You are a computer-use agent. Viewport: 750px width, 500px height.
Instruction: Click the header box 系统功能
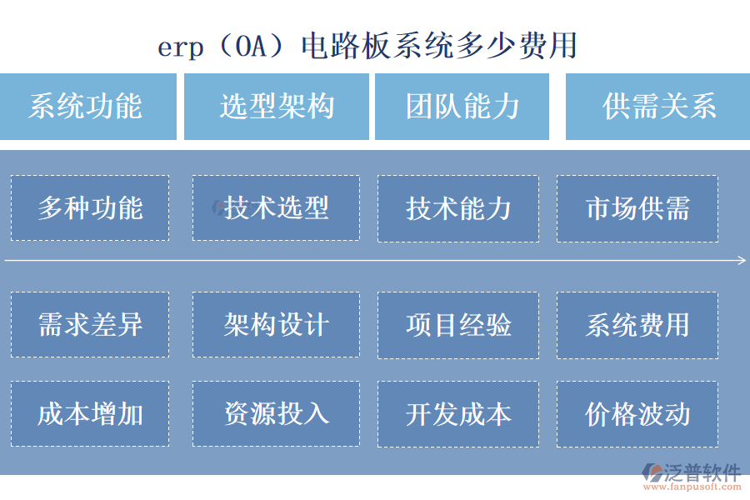87,107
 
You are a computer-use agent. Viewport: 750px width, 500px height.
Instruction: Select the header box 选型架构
276,107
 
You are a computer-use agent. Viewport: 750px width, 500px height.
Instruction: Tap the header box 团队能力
462,107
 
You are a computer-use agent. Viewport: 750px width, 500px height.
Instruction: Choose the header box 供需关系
657,107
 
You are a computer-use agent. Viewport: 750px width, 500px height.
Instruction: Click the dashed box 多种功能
90,208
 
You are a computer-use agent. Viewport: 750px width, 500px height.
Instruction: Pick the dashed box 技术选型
276,208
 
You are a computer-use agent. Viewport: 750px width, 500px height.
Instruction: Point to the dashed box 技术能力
459,208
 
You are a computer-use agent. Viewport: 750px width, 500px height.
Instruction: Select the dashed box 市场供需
637,208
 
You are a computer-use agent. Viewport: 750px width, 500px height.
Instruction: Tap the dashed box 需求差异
90,324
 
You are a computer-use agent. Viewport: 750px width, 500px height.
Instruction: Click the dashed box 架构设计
276,324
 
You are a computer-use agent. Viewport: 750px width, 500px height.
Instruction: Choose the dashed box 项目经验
459,324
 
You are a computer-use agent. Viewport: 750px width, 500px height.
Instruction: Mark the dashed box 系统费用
637,324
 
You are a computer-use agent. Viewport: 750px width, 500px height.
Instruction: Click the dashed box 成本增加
90,413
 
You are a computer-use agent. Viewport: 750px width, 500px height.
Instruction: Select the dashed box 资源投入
276,413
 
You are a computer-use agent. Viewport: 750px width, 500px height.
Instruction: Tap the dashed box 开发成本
459,413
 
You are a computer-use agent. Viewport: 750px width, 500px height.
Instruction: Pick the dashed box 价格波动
637,413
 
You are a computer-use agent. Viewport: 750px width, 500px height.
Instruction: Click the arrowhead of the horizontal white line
742,261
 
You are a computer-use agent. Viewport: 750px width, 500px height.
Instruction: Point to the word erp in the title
180,47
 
